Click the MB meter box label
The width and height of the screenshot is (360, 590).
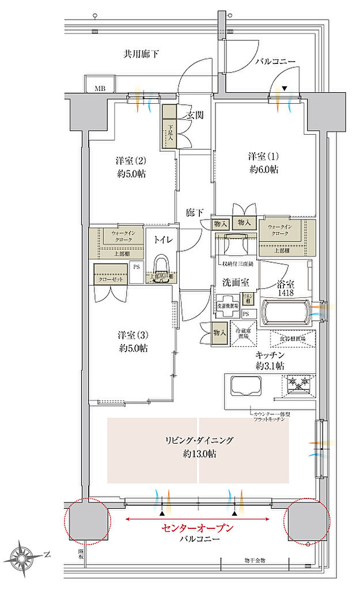point(100,88)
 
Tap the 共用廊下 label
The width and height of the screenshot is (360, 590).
point(141,54)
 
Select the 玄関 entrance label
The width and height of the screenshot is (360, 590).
point(194,115)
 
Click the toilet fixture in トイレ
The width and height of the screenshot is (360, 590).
point(161,266)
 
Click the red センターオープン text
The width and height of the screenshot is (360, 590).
point(198,527)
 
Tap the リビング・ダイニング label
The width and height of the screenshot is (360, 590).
point(198,441)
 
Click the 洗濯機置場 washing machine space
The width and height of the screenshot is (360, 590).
point(228,307)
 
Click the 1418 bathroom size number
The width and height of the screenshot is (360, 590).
point(285,293)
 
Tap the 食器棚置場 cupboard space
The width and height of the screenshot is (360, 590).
point(293,338)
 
